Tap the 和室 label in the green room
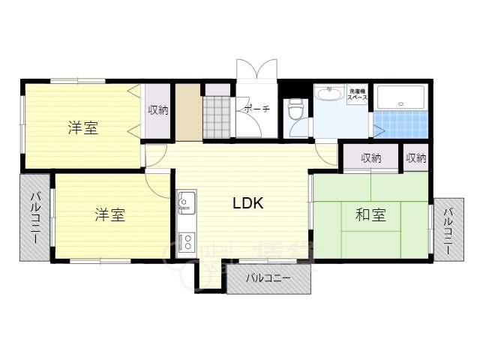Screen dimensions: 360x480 click(370, 215)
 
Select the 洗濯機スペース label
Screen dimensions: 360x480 click(356, 95)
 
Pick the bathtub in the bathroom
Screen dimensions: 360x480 click(401, 99)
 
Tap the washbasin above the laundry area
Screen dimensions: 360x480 click(328, 94)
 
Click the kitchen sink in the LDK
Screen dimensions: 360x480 click(186, 202)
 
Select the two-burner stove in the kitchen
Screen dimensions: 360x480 click(186, 242)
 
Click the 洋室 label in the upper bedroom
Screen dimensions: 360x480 click(82, 127)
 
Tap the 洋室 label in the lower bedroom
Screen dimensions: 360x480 click(109, 215)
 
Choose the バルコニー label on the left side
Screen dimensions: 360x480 click(35, 217)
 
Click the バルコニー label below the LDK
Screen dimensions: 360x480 click(268, 279)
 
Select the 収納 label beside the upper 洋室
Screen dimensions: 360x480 click(158, 110)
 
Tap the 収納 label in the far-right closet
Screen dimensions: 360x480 click(416, 158)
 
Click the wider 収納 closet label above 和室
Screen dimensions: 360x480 click(370, 158)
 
